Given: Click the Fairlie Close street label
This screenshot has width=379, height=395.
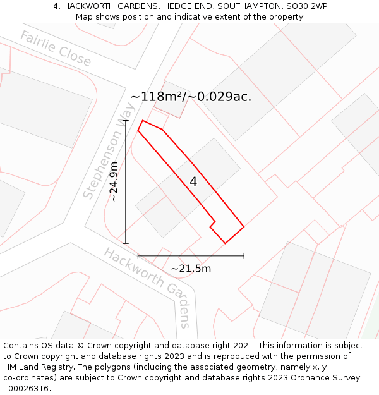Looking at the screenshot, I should click(56, 49).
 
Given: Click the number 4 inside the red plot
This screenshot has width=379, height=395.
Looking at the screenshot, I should click(193, 181).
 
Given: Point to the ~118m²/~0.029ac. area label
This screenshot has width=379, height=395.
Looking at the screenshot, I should click(191, 97).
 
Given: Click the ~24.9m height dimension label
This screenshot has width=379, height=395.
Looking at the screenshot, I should click(114, 182).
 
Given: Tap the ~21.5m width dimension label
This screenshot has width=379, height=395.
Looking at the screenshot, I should click(191, 269).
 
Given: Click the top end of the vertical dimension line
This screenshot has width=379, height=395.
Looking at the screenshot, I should click(126, 120).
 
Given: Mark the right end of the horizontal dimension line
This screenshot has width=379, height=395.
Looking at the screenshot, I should click(244, 256).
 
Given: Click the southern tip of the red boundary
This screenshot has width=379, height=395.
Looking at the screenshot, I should click(226, 243).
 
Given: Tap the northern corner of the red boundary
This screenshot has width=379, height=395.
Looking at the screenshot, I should click(143, 120).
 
